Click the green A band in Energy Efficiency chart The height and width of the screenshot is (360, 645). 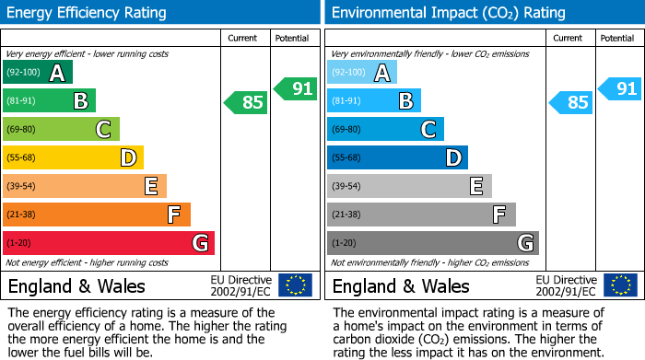pos(38,73)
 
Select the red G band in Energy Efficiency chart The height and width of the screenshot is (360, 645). pos(109,243)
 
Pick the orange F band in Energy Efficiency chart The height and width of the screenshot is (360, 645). pos(97,215)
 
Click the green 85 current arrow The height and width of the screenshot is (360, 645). pos(246,102)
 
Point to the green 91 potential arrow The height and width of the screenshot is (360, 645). pos(296,88)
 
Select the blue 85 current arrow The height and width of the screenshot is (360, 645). pos(570,102)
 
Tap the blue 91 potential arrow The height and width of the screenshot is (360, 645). pos(620,88)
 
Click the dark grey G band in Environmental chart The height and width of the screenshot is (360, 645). pos(433,243)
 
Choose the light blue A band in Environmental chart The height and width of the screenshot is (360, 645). pos(362,73)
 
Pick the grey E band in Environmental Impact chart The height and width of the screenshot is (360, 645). pos(409,186)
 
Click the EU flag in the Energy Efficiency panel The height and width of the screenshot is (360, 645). pos(295,285)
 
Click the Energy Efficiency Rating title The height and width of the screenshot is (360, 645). pos(88,13)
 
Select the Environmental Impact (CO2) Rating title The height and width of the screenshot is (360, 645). pos(448,13)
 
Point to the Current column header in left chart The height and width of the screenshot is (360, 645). pos(243,38)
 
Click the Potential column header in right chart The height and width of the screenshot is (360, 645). pos(617,38)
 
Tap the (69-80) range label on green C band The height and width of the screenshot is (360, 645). pos(21,130)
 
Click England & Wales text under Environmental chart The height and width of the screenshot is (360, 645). pos(401,285)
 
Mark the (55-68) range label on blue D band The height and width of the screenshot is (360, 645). pos(346,158)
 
